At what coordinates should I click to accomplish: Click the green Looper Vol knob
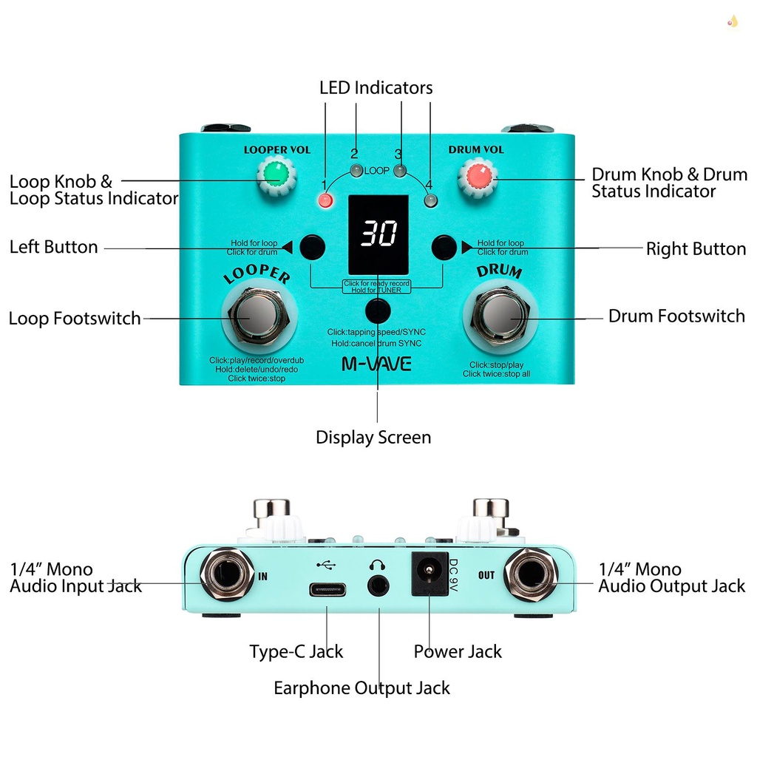[x=276, y=175]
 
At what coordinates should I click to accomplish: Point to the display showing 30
[x=378, y=234]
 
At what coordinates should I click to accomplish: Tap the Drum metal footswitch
[x=500, y=313]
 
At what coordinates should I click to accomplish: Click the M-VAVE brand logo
[x=376, y=364]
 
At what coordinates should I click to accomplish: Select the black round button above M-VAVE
[x=378, y=311]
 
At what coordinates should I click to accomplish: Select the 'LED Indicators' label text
[x=376, y=88]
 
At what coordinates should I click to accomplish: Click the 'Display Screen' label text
[x=373, y=438]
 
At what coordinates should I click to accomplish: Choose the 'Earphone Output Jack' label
[x=361, y=688]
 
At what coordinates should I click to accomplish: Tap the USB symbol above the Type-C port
[x=325, y=565]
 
